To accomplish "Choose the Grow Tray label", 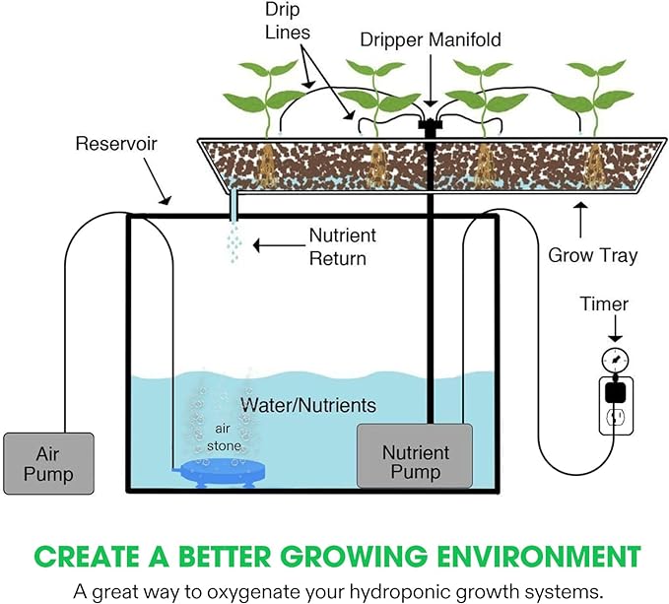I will click(593, 255).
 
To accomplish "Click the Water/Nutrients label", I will click(308, 405).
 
